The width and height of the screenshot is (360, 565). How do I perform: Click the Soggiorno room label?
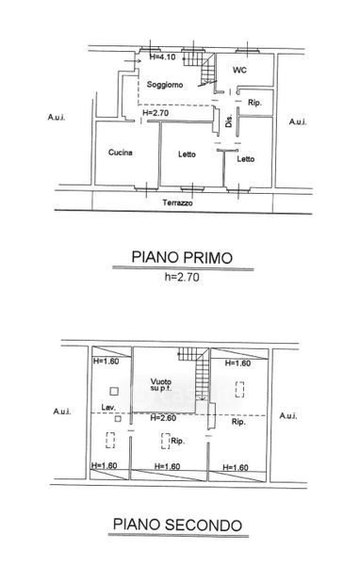(x=165, y=85)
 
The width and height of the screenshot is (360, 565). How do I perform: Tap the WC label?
(x=239, y=70)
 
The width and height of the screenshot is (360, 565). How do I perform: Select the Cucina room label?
(x=121, y=153)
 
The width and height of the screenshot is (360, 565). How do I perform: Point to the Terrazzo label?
(x=177, y=202)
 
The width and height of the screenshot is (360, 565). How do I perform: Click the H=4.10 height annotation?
(x=162, y=56)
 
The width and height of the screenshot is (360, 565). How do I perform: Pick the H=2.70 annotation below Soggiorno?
(x=155, y=113)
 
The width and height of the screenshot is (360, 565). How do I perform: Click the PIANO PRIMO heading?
(x=182, y=257)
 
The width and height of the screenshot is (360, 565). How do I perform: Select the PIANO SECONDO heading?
(x=177, y=525)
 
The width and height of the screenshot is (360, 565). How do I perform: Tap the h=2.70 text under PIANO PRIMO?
(x=182, y=277)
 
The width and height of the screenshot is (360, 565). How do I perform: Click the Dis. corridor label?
(x=229, y=121)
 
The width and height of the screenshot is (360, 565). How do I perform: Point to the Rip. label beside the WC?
(x=254, y=103)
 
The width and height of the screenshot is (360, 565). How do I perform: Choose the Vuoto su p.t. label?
(x=161, y=384)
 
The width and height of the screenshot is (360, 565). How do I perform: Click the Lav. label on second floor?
(x=108, y=408)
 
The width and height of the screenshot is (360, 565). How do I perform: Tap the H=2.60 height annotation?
(x=163, y=417)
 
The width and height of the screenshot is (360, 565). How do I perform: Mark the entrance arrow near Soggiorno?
(x=132, y=61)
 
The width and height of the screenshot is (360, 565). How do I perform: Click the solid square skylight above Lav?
(x=114, y=391)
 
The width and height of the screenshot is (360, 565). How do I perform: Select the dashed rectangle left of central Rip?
(x=166, y=441)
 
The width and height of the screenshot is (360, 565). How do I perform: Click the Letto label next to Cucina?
(x=187, y=154)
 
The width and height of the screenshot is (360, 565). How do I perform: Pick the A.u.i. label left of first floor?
(x=57, y=117)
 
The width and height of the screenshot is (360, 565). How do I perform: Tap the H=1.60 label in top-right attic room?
(x=237, y=363)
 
